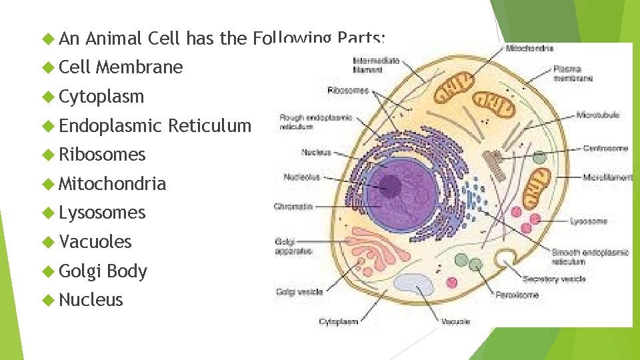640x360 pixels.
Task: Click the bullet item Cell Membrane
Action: (x=121, y=67)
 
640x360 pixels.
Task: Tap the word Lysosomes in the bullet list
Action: (x=102, y=213)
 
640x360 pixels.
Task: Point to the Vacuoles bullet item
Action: (x=95, y=241)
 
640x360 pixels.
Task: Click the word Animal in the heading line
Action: (x=113, y=39)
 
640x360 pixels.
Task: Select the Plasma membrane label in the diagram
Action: (x=572, y=73)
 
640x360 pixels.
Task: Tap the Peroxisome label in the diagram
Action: (x=517, y=295)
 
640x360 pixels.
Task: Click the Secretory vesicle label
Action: (x=554, y=279)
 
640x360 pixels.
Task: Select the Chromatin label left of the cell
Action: (x=293, y=207)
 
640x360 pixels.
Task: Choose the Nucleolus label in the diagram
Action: (x=301, y=177)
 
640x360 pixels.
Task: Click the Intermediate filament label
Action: (x=377, y=64)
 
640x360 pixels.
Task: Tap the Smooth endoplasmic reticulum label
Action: (x=589, y=257)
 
